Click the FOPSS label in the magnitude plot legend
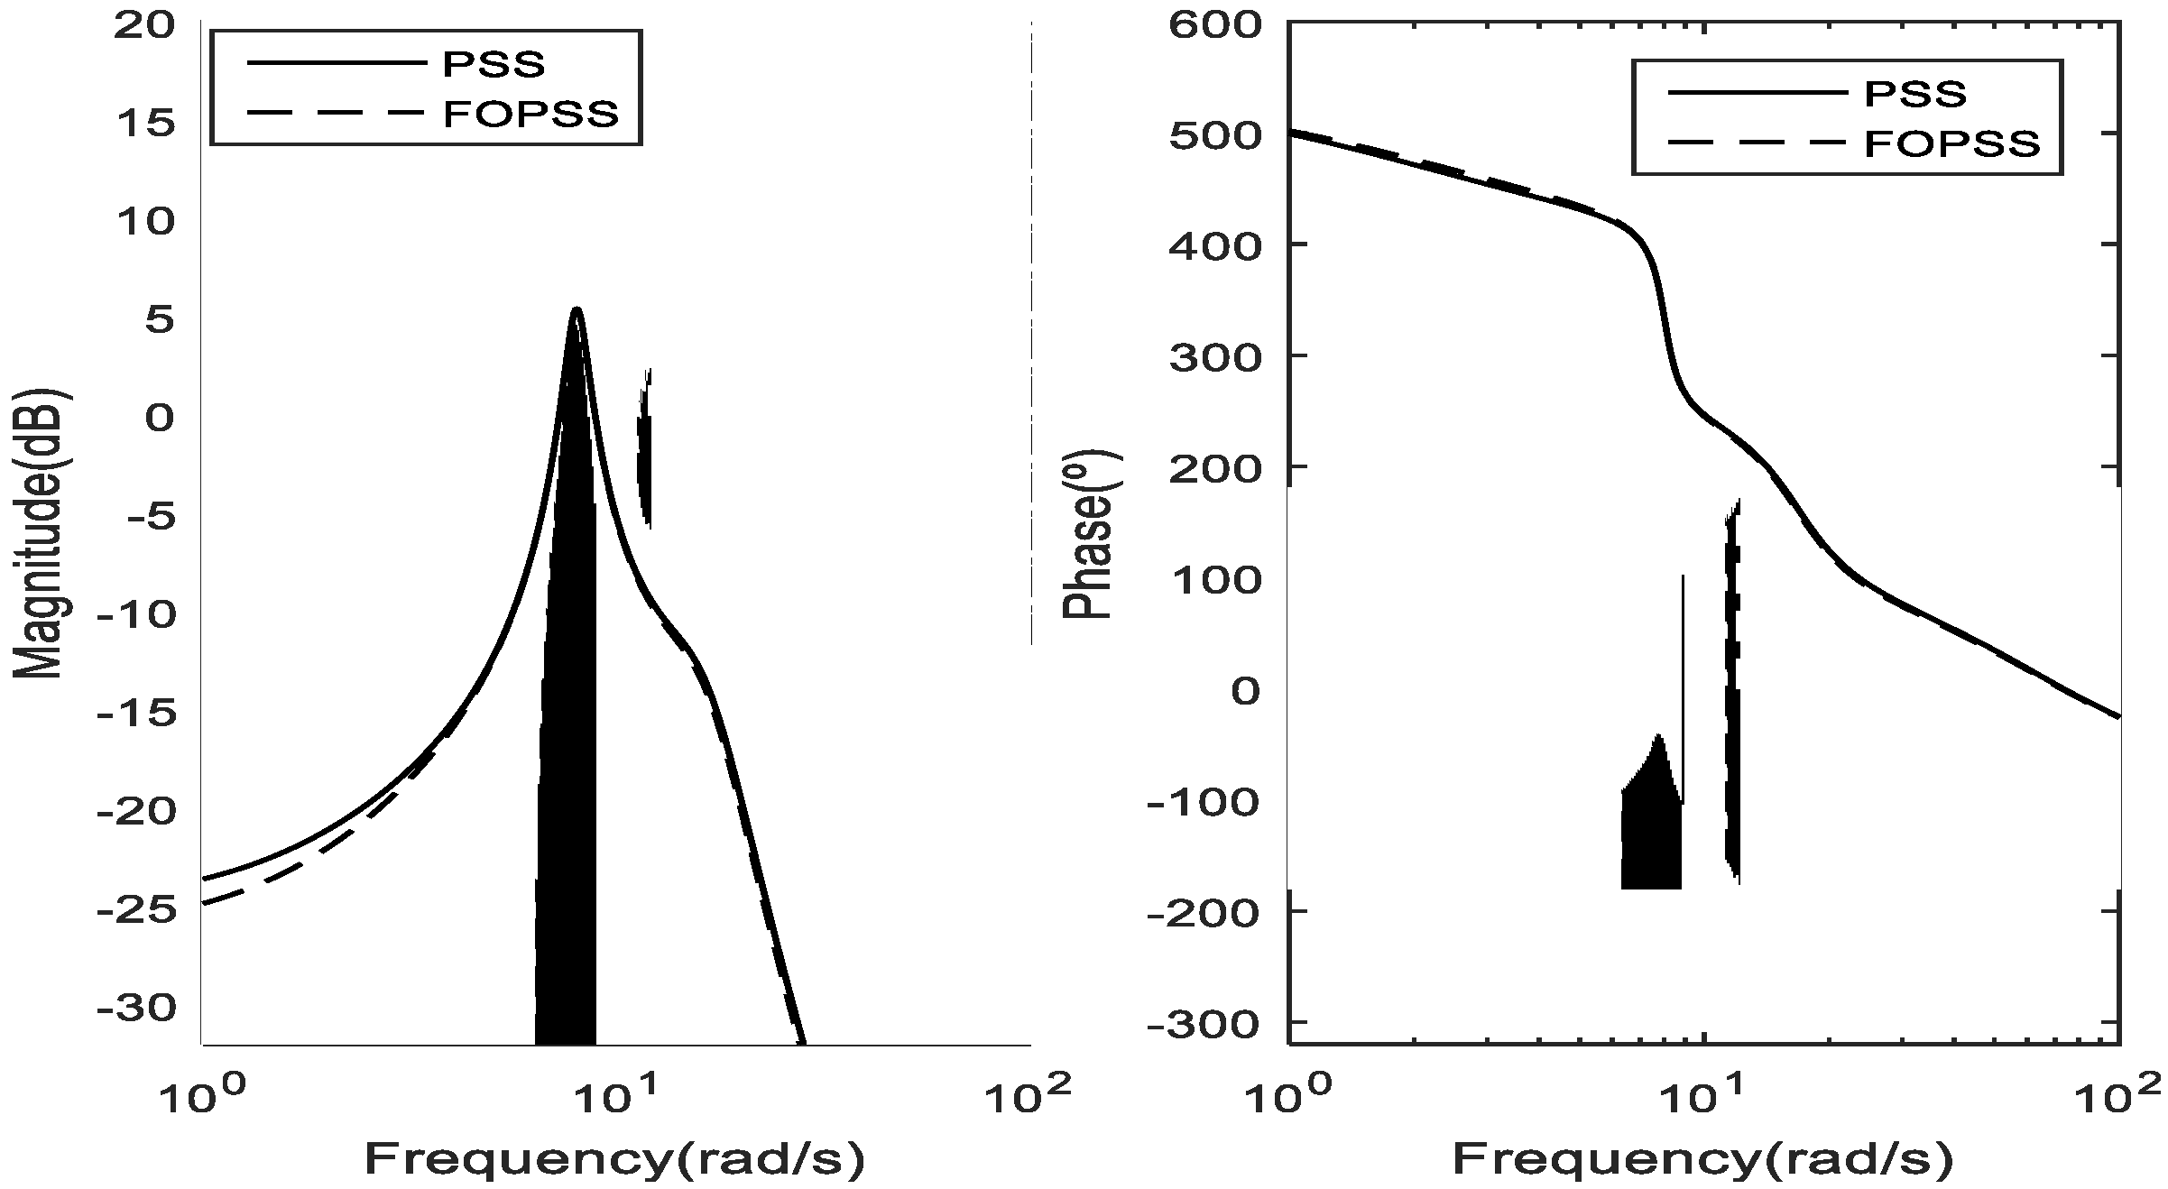pyautogui.click(x=531, y=114)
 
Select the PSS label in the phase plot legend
pyautogui.click(x=1915, y=93)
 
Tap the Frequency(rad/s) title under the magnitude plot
pyautogui.click(x=614, y=1158)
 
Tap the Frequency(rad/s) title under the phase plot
pyautogui.click(x=1702, y=1158)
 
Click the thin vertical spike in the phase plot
pyautogui.click(x=1683, y=686)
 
